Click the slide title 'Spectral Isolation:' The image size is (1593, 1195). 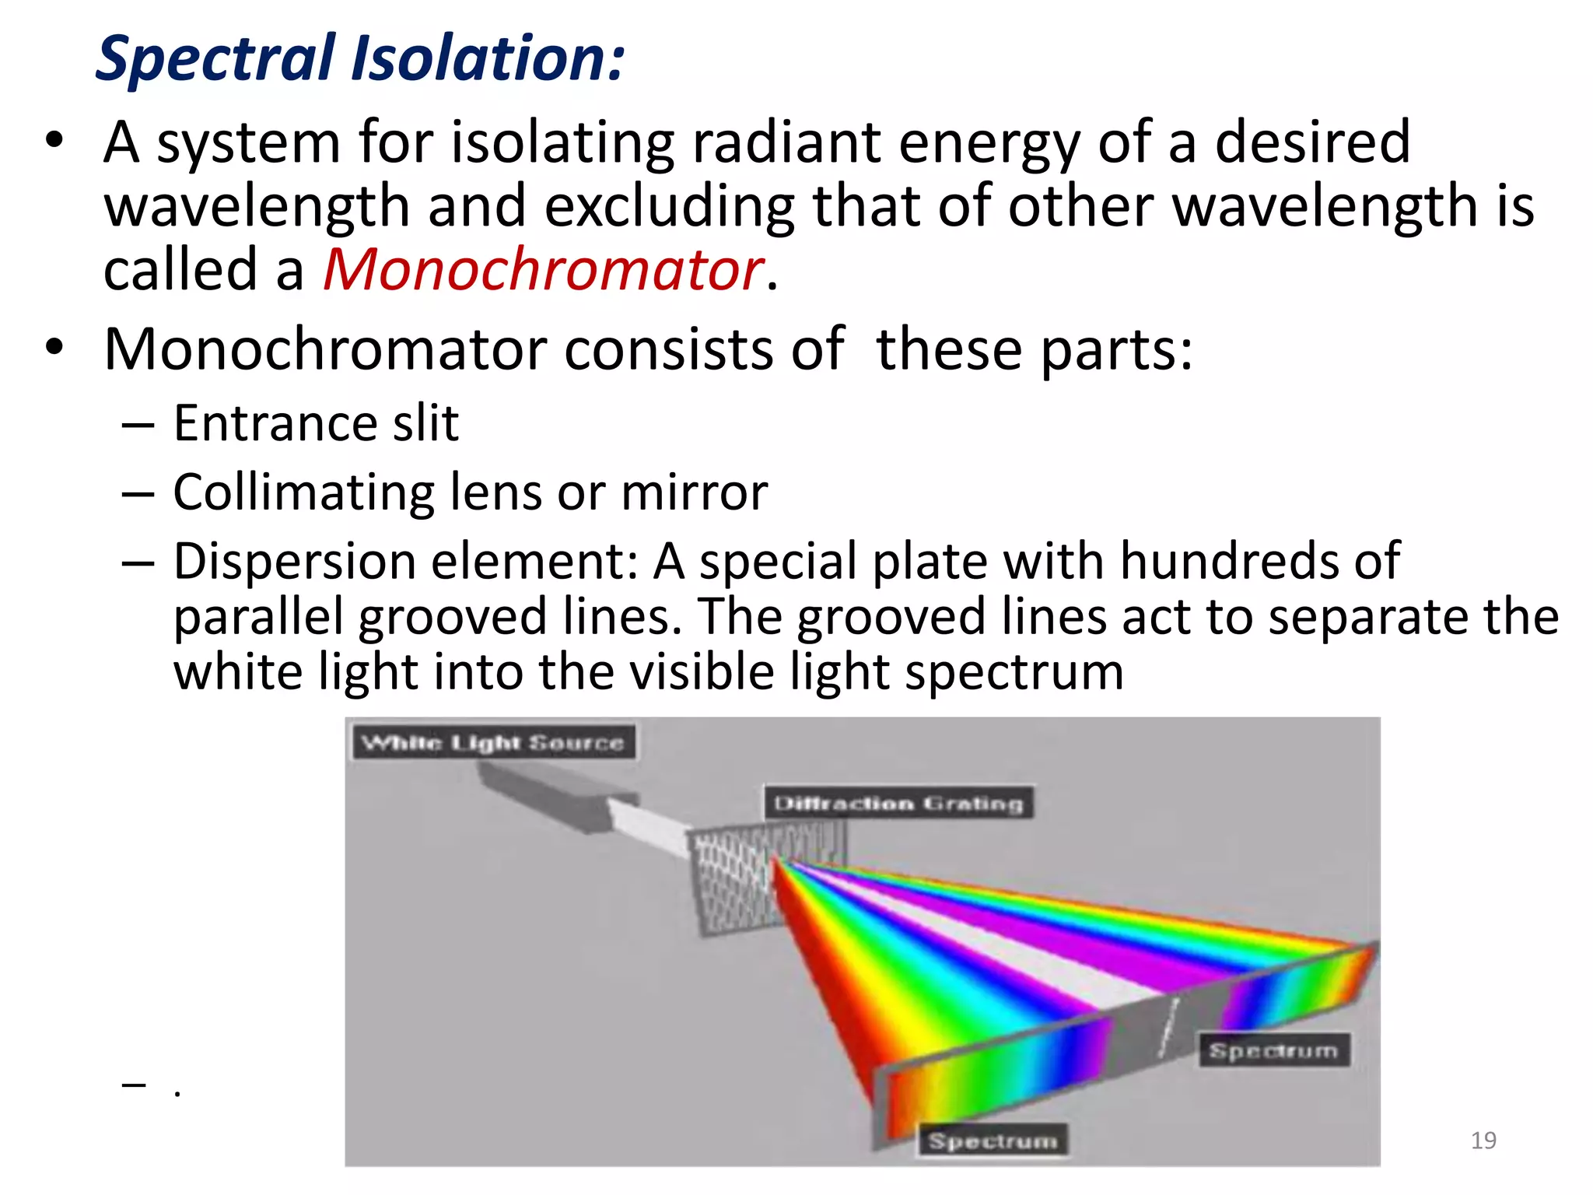359,58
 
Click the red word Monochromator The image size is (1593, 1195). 543,270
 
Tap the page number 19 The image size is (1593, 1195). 1483,1141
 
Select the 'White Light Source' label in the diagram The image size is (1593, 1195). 493,742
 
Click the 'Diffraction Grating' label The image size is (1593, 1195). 898,803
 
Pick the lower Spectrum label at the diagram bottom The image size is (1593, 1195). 993,1141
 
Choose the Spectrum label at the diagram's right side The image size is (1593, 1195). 1273,1050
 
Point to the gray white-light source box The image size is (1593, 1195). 544,794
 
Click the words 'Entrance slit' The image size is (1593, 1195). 315,424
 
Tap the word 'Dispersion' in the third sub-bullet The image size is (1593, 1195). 296,561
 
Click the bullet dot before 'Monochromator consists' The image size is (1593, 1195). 54,348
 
